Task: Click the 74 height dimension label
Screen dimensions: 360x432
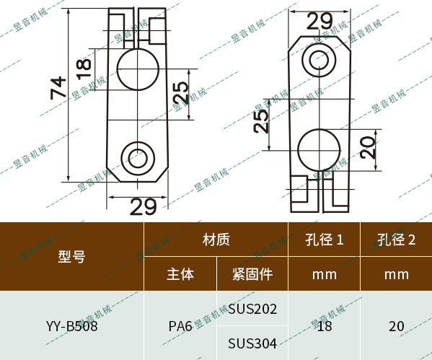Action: [59, 88]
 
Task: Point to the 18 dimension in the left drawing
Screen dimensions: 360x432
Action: [84, 66]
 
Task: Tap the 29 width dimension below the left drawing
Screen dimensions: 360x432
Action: [143, 207]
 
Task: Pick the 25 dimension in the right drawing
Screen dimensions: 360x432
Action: [261, 118]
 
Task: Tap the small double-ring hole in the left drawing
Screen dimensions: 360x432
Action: [137, 157]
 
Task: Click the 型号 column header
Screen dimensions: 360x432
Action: [71, 256]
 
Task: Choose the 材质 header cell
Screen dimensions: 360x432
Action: [216, 240]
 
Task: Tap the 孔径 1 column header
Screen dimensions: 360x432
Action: [324, 240]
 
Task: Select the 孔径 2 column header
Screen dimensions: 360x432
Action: [397, 240]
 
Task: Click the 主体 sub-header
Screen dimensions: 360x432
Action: [180, 274]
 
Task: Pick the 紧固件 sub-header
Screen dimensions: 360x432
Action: [252, 274]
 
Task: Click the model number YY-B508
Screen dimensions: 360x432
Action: [71, 326]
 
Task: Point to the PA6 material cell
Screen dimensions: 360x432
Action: [180, 326]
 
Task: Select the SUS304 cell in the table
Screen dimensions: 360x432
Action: [252, 343]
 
